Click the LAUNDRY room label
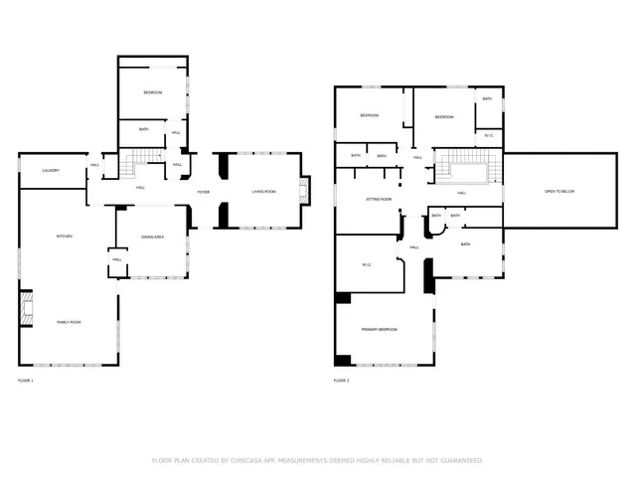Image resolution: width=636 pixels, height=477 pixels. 51,170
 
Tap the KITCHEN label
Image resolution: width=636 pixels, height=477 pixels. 65,236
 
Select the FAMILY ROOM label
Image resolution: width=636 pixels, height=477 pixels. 69,322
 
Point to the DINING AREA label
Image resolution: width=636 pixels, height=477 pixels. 152,236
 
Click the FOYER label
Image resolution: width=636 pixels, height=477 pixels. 203,192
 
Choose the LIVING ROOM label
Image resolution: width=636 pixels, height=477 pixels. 263,192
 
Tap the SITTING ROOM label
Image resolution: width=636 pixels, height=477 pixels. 379,199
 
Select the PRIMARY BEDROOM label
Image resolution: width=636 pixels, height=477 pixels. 380,329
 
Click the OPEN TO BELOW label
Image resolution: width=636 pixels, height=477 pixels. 557,191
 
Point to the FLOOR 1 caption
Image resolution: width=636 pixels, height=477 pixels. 26,381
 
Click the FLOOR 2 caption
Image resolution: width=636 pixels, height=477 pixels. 341,381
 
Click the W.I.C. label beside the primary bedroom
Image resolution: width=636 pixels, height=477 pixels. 366,264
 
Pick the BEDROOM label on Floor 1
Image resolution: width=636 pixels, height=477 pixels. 152,92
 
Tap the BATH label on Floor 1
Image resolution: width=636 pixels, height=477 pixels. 144,128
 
